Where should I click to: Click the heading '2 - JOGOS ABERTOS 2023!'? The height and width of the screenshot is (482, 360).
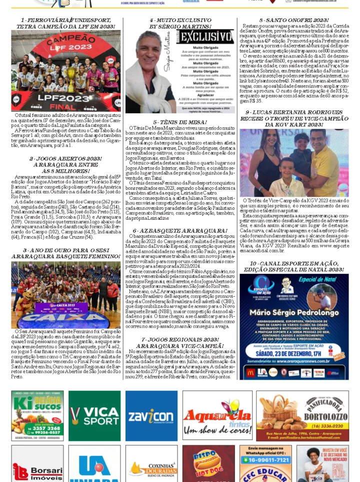click(65, 158)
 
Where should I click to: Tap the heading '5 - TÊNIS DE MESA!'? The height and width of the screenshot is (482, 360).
click(180, 122)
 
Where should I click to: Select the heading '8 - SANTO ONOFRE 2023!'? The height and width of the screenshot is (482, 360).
click(294, 20)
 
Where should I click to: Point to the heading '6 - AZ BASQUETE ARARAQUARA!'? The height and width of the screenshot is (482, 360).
click(180, 231)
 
